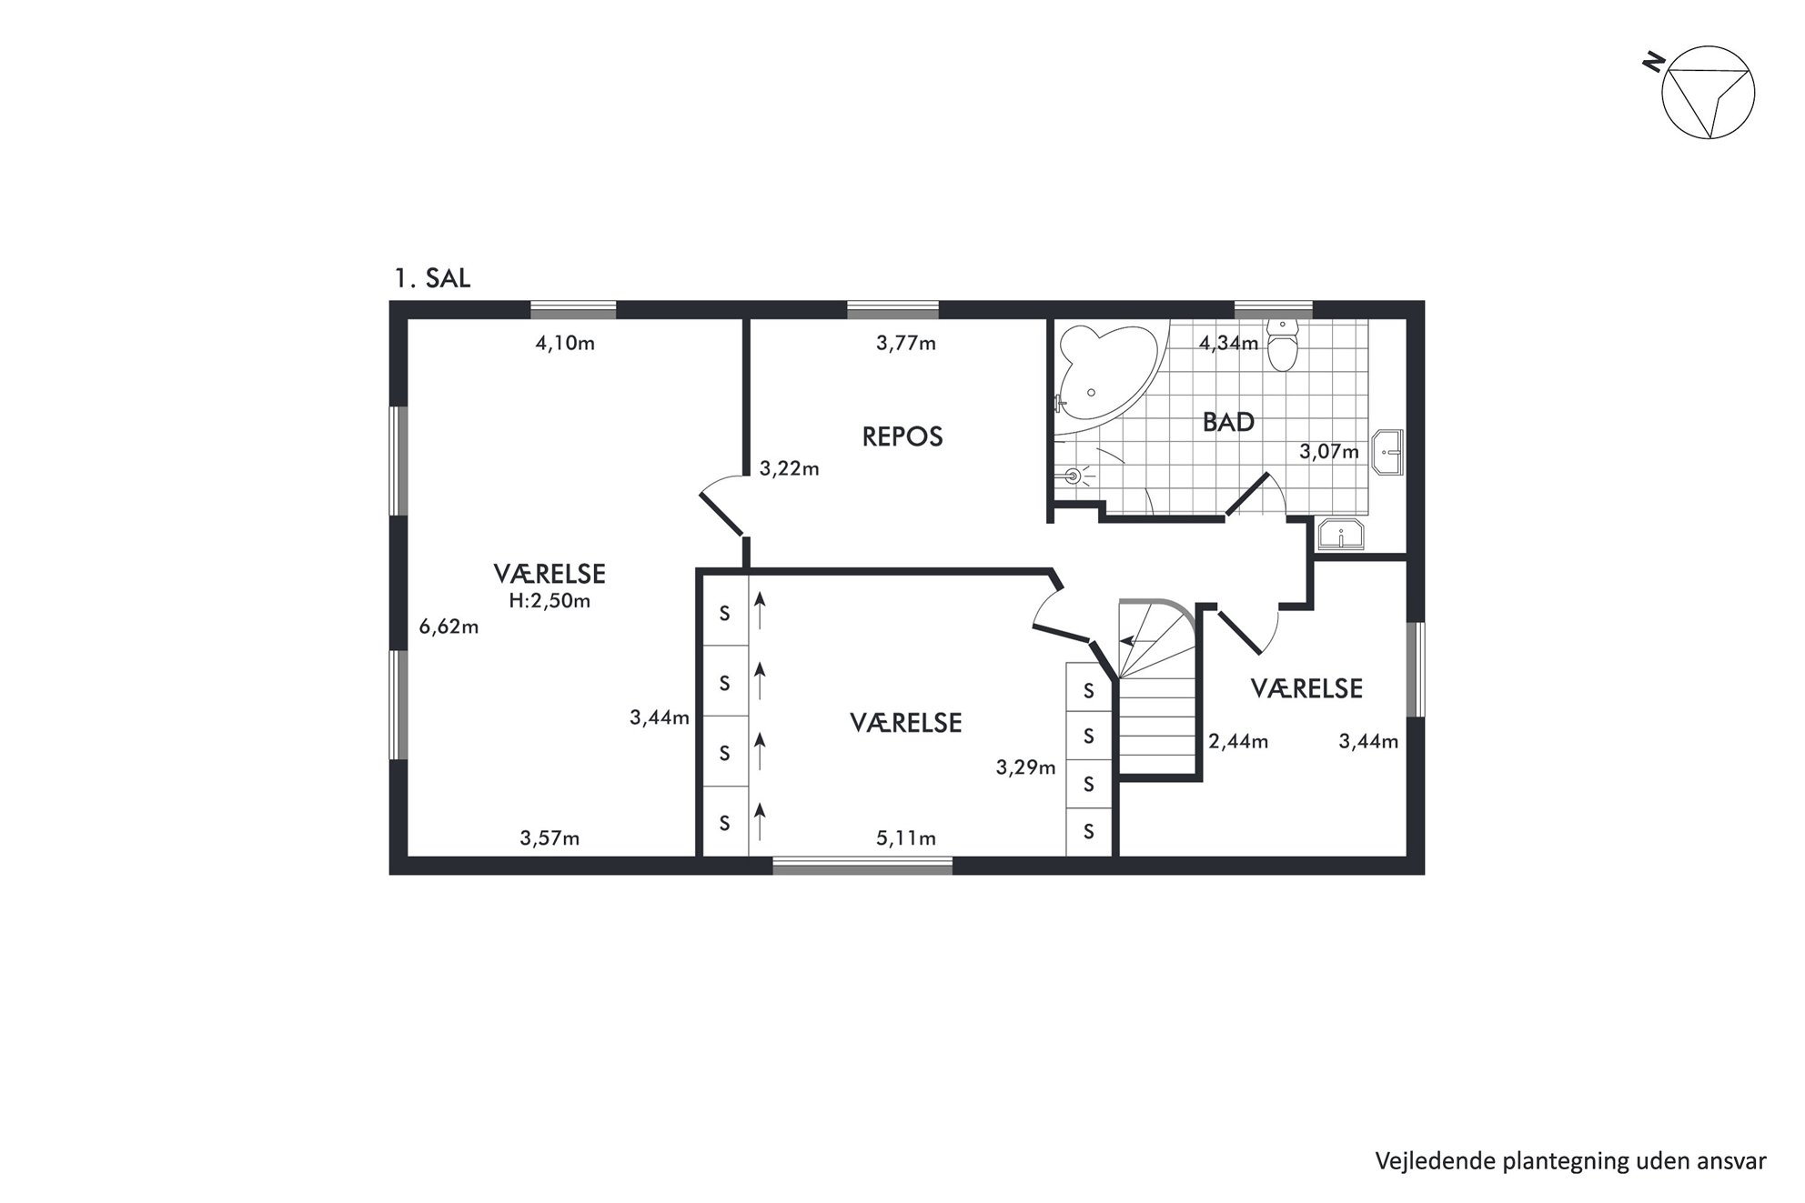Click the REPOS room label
[902, 436]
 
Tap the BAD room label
[1228, 422]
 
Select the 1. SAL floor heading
[432, 278]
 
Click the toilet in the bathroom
[1283, 346]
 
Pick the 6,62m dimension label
[449, 627]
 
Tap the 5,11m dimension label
[906, 838]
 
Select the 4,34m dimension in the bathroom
[1228, 344]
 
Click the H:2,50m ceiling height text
[550, 601]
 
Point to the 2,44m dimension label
[1238, 742]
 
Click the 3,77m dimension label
[906, 344]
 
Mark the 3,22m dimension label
[790, 469]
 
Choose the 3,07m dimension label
[1329, 452]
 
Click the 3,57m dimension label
[550, 838]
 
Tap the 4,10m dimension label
[565, 344]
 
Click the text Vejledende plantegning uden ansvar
[1570, 1161]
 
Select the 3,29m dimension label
[1026, 767]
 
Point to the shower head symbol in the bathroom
[1076, 475]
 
